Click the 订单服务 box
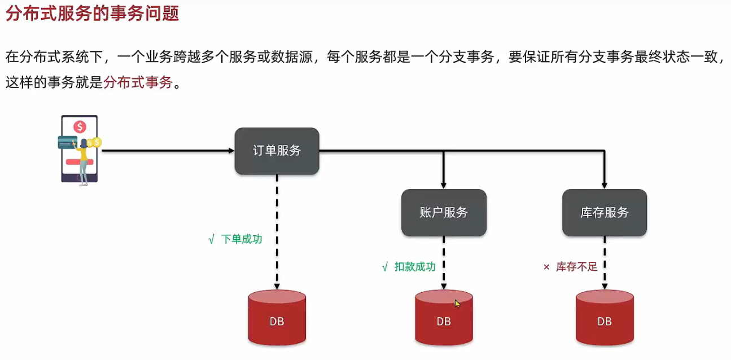point(277,151)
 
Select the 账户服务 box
point(444,213)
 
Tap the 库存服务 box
point(605,213)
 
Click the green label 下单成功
point(242,239)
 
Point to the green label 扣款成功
point(415,267)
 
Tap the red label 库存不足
point(576,267)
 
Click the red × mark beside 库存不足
point(546,267)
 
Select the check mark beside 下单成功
point(211,239)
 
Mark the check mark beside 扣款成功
point(384,267)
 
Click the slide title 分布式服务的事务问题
point(92,13)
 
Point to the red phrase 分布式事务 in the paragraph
point(138,83)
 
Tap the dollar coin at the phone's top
point(80,127)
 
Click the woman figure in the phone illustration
point(84,161)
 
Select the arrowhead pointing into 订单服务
point(231,151)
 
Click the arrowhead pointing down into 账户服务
point(444,186)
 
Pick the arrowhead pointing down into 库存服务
point(605,186)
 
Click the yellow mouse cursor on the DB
point(457,304)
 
